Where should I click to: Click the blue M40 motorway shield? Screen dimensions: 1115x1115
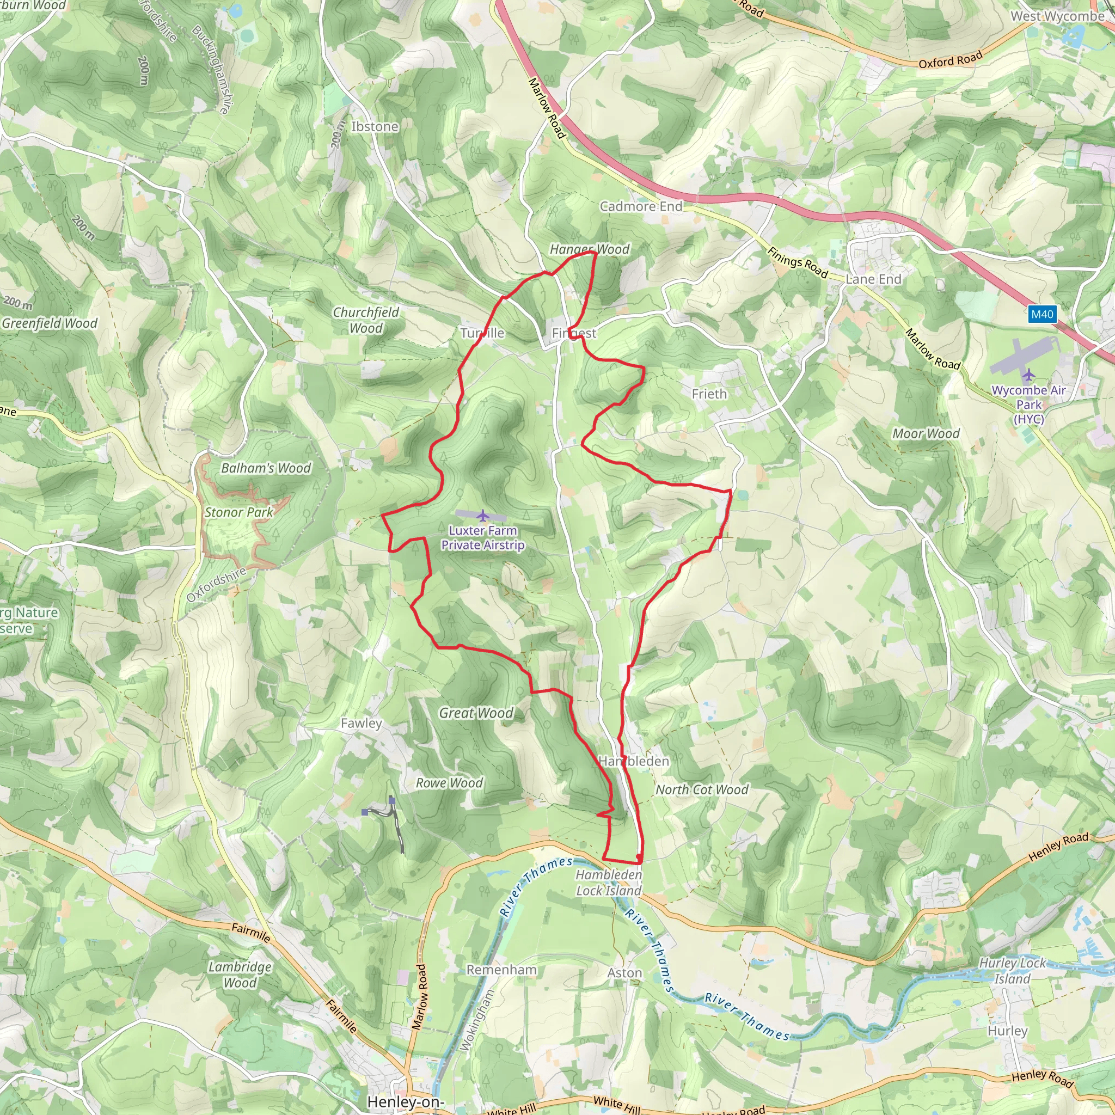[x=1042, y=315]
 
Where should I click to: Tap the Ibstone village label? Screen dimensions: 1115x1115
[x=375, y=126]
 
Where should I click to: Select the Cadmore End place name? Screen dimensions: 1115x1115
[x=641, y=206]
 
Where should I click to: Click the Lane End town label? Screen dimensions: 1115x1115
[x=873, y=279]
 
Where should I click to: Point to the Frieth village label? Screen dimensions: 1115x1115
[x=709, y=394]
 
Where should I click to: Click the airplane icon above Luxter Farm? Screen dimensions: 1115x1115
[x=482, y=516]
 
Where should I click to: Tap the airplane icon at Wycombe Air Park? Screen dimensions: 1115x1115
[x=1028, y=376]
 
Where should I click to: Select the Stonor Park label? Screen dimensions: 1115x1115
[x=239, y=512]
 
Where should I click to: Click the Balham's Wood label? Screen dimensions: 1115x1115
[x=266, y=468]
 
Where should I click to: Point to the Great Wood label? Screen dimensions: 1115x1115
[x=476, y=713]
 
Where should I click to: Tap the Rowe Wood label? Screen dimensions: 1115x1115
[x=450, y=783]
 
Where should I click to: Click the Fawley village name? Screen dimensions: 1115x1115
[x=362, y=724]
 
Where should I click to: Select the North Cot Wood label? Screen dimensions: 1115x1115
[x=702, y=790]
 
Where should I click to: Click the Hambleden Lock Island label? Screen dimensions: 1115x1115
[x=609, y=883]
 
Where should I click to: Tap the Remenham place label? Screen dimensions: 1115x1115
[x=501, y=970]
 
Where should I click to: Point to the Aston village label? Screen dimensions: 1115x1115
[x=624, y=973]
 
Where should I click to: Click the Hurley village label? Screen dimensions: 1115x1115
[x=1008, y=1031]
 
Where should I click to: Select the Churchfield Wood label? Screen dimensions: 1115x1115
[x=366, y=320]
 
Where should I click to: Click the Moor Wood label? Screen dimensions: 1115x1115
[x=926, y=434]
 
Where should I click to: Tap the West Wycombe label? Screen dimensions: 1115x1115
[x=1057, y=16]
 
